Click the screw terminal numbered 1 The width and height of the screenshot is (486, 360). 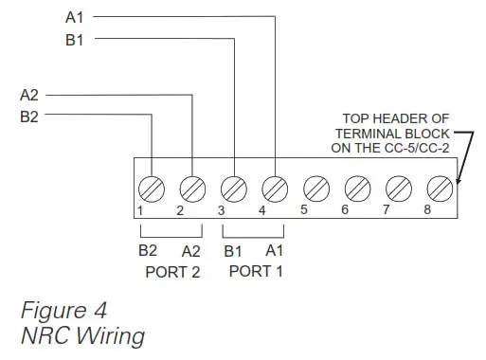pos(151,185)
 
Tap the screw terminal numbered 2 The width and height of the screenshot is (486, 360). pos(192,185)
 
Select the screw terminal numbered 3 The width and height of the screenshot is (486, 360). pos(233,185)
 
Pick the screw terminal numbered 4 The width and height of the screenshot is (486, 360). pos(275,185)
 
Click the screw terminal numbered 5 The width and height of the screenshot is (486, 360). pos(315,185)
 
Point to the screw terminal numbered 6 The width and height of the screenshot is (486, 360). pos(356,185)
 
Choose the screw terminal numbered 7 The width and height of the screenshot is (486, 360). pos(398,185)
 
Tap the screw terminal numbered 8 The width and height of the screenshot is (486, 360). pos(439,185)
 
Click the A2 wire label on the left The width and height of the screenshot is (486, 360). pos(30,95)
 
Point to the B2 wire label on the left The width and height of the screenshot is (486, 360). pos(30,117)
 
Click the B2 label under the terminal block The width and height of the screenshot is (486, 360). pos(148,251)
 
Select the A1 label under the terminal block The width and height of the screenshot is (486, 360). pos(274,251)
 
